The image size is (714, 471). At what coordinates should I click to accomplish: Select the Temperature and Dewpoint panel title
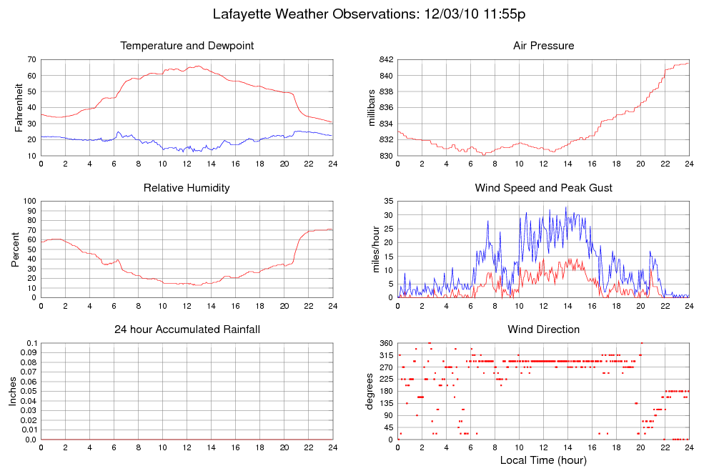pyautogui.click(x=187, y=46)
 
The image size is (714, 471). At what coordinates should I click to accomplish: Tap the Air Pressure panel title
pyautogui.click(x=543, y=46)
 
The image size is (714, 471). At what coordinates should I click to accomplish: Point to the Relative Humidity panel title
pyautogui.click(x=187, y=188)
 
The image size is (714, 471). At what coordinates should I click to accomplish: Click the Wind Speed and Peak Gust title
pyautogui.click(x=543, y=188)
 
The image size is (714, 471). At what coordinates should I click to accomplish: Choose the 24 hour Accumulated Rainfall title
pyautogui.click(x=187, y=329)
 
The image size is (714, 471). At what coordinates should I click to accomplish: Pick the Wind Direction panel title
pyautogui.click(x=543, y=329)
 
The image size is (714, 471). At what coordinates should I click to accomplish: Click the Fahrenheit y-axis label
pyautogui.click(x=19, y=108)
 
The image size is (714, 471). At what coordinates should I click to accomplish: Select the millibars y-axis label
pyautogui.click(x=372, y=108)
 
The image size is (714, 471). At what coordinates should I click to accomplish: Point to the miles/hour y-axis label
pyautogui.click(x=372, y=249)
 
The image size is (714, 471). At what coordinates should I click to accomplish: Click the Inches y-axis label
pyautogui.click(x=12, y=392)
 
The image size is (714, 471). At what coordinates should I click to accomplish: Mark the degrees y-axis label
pyautogui.click(x=370, y=392)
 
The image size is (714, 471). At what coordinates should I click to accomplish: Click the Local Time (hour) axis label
pyautogui.click(x=543, y=460)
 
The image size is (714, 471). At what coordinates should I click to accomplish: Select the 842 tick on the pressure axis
pyautogui.click(x=385, y=59)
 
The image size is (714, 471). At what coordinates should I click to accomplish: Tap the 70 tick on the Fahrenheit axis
pyautogui.click(x=33, y=59)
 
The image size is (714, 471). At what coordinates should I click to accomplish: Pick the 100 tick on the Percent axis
pyautogui.click(x=30, y=201)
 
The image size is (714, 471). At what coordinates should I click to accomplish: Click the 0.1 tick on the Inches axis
pyautogui.click(x=31, y=343)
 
